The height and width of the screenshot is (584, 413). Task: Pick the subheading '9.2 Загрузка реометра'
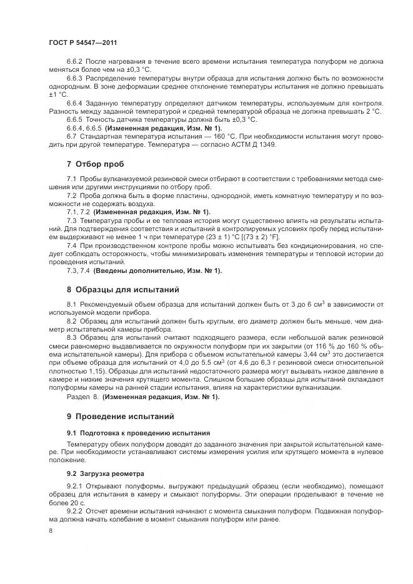coord(105,473)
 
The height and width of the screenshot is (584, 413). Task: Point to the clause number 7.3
coord(71,220)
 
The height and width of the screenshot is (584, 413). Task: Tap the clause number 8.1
coord(71,304)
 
